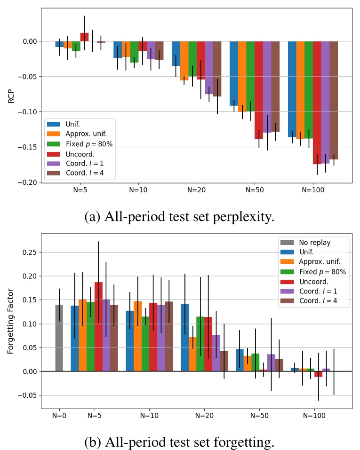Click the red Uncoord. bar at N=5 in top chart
(x=84, y=37)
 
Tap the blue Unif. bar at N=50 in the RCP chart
(x=234, y=73)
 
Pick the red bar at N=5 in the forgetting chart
(x=98, y=327)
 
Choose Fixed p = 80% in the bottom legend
(x=322, y=272)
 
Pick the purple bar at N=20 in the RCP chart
(x=209, y=68)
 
